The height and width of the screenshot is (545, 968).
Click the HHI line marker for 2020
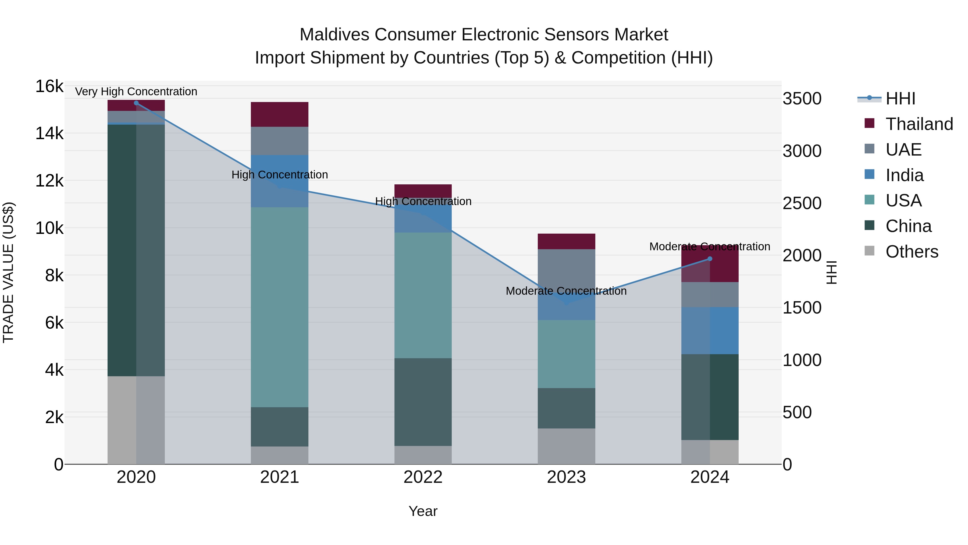point(136,103)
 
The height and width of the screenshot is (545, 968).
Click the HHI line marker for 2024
point(710,259)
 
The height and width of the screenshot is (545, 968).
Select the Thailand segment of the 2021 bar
point(280,114)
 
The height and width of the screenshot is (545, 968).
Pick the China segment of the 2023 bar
point(566,408)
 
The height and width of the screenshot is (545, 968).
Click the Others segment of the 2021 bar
point(280,455)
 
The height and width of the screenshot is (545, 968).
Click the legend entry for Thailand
point(919,124)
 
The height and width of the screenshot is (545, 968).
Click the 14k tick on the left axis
point(49,133)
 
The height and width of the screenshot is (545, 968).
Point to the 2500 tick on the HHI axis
point(802,203)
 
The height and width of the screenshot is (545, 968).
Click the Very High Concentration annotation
point(136,92)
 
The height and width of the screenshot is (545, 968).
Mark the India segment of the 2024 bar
point(710,330)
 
